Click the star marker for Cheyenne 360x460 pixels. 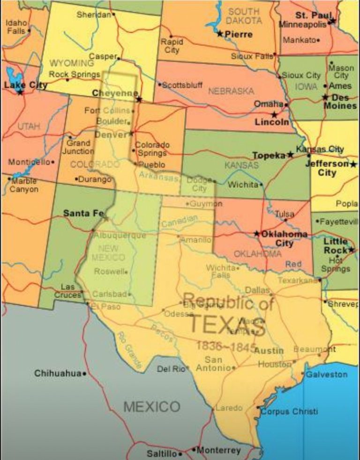(139, 99)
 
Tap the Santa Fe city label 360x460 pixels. (83, 213)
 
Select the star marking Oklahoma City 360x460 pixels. (256, 233)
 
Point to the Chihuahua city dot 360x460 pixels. (85, 374)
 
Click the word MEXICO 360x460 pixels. (151, 407)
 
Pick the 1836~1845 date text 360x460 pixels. (225, 347)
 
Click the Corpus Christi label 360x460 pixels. (289, 412)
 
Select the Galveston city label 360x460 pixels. (327, 375)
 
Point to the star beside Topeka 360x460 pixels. (291, 155)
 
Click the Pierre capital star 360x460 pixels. (220, 34)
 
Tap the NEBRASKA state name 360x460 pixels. (231, 91)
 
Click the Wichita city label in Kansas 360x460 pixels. (243, 185)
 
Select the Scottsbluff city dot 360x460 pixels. (159, 85)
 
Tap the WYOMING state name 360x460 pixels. (71, 63)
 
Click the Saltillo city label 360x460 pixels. (162, 454)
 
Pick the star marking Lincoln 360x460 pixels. (274, 114)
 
